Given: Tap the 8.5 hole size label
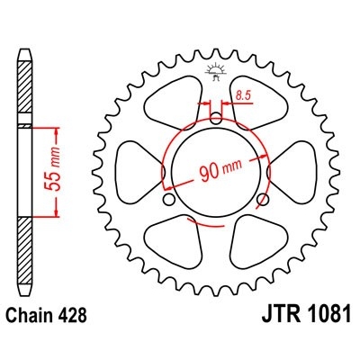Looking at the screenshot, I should point(242,94).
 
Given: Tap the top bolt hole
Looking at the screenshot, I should point(215,114).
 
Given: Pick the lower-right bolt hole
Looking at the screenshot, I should point(262,199).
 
